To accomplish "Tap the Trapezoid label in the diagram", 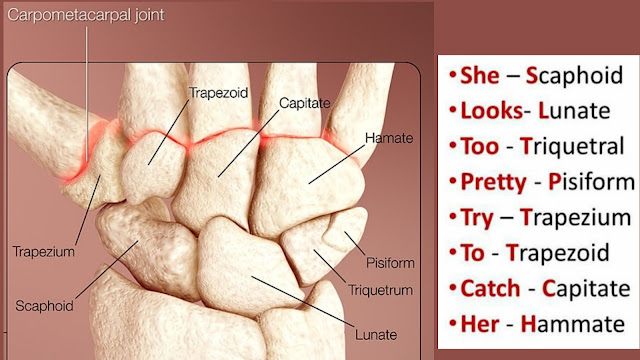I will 217,91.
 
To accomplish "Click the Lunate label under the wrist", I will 376,333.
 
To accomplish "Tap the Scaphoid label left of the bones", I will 45,302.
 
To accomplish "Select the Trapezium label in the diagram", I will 43,252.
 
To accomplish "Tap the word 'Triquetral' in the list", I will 575,146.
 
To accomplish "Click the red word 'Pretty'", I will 494,182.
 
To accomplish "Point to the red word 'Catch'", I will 490,289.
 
